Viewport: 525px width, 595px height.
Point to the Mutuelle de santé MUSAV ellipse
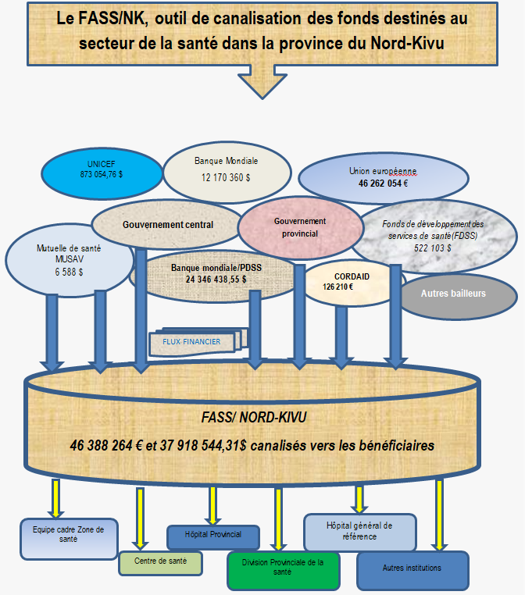(69, 261)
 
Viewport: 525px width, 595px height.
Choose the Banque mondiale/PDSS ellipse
(216, 273)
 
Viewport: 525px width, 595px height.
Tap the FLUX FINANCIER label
(192, 342)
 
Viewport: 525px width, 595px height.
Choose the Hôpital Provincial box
(212, 536)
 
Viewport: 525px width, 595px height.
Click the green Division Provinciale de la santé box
(283, 569)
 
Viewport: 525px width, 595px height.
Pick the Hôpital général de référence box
(359, 532)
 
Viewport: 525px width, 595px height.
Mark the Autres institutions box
(412, 569)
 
